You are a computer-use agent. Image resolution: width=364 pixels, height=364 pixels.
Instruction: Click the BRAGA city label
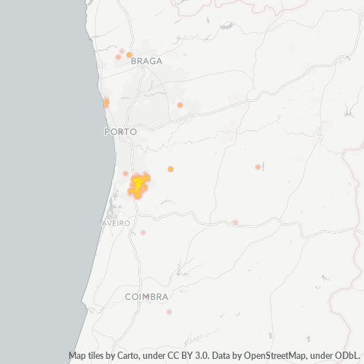146,62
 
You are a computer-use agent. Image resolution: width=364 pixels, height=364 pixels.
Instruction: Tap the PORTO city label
120,132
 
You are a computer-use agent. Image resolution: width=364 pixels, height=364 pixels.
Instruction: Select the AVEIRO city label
116,223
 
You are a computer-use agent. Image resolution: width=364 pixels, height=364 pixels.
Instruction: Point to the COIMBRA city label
146,297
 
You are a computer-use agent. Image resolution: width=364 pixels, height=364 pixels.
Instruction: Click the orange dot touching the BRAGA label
129,55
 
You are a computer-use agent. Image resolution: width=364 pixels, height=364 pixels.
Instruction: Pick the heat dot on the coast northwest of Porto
106,102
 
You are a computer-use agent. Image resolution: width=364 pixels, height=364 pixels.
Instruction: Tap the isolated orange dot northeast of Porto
180,105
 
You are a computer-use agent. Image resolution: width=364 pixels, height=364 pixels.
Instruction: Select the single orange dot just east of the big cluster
170,169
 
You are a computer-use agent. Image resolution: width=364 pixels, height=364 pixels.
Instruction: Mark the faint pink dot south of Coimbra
169,312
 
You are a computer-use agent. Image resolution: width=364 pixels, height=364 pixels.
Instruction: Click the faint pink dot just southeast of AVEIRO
143,232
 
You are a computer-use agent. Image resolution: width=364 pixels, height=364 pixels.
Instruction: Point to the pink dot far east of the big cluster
258,167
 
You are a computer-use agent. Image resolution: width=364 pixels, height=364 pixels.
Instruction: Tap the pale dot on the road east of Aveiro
235,222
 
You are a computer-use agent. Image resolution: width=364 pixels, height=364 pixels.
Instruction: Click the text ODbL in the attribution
347,356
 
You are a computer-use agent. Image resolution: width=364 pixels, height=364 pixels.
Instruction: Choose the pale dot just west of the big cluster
125,173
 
